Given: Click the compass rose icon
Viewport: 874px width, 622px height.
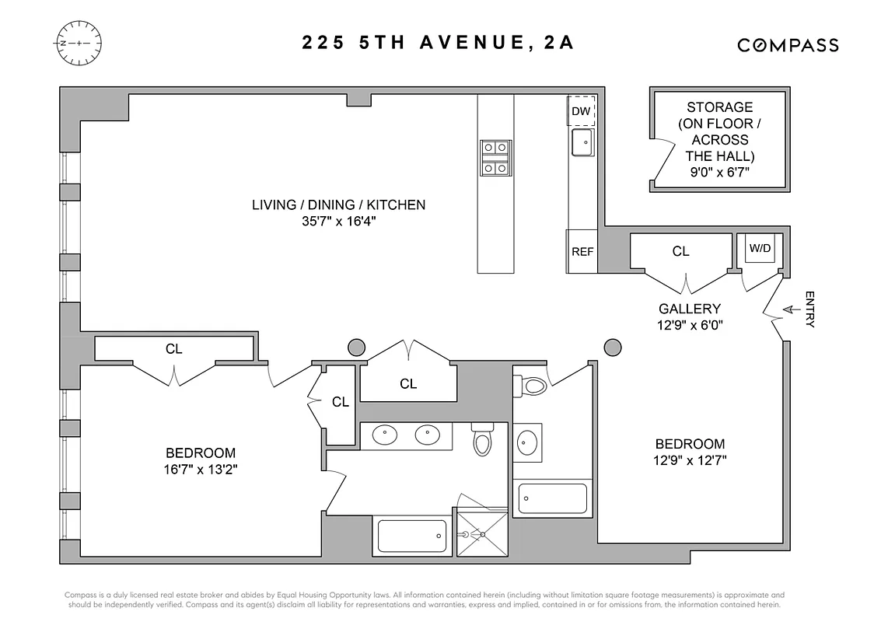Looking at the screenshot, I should pos(79,43).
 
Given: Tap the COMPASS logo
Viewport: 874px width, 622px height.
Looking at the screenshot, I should pos(788,45).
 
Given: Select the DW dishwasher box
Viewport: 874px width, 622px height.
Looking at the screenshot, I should pos(581,111).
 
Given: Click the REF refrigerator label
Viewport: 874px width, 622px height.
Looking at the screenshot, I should pos(582,252).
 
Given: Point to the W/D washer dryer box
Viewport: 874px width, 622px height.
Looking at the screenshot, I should pos(760,249).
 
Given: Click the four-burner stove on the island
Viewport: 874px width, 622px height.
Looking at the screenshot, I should pos(495,158).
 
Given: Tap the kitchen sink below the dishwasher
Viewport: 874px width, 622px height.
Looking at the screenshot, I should pos(582,143).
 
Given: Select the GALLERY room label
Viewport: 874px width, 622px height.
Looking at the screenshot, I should pos(689,309).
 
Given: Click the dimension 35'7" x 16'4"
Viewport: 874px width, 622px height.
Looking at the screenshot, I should pos(338,222).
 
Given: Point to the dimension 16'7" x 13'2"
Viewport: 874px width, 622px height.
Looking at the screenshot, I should pos(200,469).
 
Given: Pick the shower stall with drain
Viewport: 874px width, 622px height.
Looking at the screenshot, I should pos(481,533).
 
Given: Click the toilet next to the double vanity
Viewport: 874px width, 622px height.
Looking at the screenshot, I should pos(483,442).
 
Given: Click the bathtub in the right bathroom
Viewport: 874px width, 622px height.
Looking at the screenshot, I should pos(552,498).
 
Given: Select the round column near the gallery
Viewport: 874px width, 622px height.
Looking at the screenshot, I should pos(613,346).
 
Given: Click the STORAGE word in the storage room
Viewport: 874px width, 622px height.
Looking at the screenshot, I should pos(719,107).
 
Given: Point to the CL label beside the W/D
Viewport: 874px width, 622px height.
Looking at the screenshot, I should pos(680,251).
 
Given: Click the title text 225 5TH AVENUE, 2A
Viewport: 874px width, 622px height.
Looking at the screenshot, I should pos(438,43).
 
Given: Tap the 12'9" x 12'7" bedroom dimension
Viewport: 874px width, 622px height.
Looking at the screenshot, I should pos(690,460).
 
